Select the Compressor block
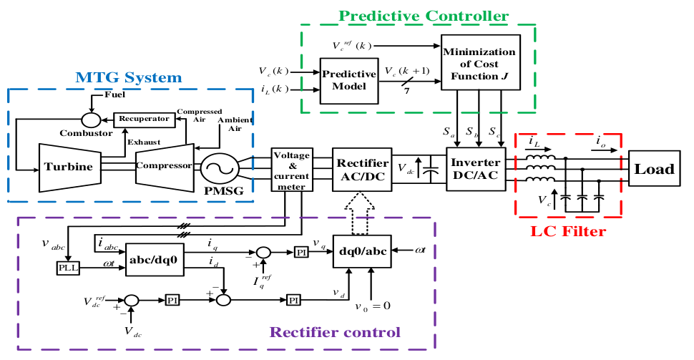pos(164,165)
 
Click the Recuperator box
pos(144,118)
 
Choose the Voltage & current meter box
pos(290,169)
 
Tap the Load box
pos(655,169)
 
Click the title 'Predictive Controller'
pos(424,15)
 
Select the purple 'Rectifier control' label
pos(335,332)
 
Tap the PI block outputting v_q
pos(300,252)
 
